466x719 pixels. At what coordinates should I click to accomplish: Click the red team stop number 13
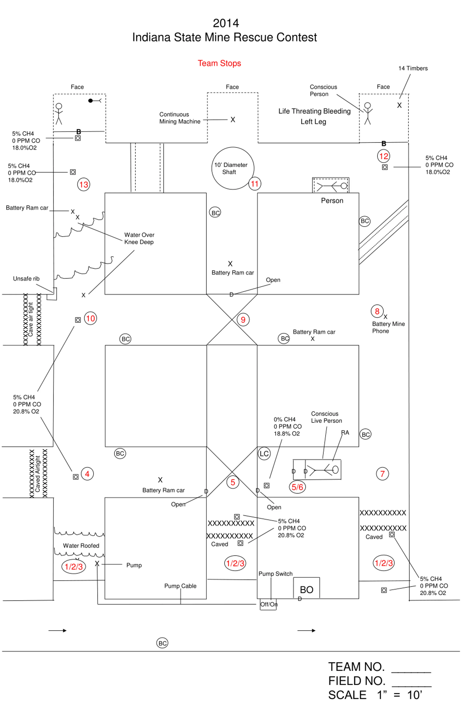pos(84,184)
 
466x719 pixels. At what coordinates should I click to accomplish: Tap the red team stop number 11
pos(255,184)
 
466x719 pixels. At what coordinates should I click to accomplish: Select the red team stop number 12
pos(383,156)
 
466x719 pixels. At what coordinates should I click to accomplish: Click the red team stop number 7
pos(382,474)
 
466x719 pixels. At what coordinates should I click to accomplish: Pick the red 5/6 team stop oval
pos(297,487)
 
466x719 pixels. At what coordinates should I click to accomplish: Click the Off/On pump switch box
pos(268,604)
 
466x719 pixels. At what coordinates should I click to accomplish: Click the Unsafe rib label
pos(26,279)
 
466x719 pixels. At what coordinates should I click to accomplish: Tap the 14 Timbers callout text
pos(413,68)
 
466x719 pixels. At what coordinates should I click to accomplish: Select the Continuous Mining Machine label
pos(180,118)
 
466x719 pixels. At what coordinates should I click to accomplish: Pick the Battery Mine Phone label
pos(388,327)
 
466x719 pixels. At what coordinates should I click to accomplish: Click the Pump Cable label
pos(180,586)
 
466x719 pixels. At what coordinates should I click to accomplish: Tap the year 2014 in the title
pos(226,23)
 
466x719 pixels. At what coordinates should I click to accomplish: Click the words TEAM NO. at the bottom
pos(356,666)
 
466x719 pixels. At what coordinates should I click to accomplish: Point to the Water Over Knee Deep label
pos(139,238)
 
